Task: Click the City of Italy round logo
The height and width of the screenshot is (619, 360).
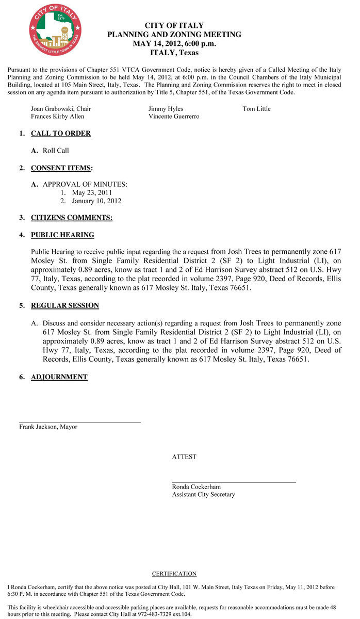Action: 55,30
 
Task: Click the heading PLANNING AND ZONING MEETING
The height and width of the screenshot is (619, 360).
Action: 174,35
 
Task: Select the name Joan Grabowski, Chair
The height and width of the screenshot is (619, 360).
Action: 61,109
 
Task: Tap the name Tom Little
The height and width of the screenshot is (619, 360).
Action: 256,109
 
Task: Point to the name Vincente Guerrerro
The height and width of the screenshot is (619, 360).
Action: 174,117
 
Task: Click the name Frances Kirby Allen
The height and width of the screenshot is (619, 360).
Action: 57,117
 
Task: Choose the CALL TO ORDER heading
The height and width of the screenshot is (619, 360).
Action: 61,134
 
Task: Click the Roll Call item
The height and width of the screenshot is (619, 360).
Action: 56,151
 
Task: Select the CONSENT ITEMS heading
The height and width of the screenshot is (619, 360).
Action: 61,168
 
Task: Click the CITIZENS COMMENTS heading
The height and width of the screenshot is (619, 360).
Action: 72,218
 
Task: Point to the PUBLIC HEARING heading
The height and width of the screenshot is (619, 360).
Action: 62,235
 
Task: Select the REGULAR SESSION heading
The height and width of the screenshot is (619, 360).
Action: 65,306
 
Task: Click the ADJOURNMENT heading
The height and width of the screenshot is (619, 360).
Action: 59,377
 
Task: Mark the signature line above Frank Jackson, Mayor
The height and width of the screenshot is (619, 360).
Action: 80,422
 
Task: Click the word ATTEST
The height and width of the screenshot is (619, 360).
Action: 184,457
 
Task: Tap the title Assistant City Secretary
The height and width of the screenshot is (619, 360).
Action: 203,494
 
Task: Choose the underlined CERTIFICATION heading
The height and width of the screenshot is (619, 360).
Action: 174,574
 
